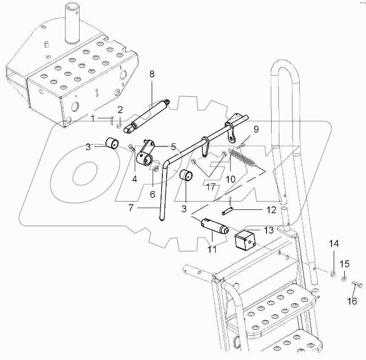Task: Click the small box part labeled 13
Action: (244, 240)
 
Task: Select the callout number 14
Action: (334, 244)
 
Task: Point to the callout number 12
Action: (271, 210)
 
